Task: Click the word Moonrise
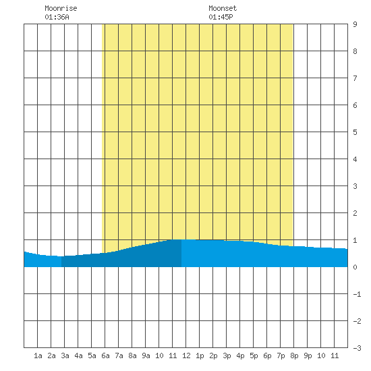(x=61, y=8)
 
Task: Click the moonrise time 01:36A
(x=57, y=17)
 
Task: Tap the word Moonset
(x=223, y=8)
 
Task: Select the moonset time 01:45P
(x=221, y=17)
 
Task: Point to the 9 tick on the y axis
(x=355, y=24)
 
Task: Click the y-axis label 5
(x=355, y=132)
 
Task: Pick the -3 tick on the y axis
(x=357, y=348)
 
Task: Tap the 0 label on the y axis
(x=355, y=267)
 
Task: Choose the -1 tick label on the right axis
(x=357, y=294)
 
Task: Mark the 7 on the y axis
(x=355, y=78)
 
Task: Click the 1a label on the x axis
(x=38, y=355)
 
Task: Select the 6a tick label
(x=105, y=355)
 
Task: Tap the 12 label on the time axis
(x=186, y=355)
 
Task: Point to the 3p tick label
(x=227, y=356)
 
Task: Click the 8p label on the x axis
(x=294, y=356)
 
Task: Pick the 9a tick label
(x=146, y=355)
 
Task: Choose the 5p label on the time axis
(x=254, y=356)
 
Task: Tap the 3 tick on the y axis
(x=355, y=186)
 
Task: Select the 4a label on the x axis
(x=78, y=355)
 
